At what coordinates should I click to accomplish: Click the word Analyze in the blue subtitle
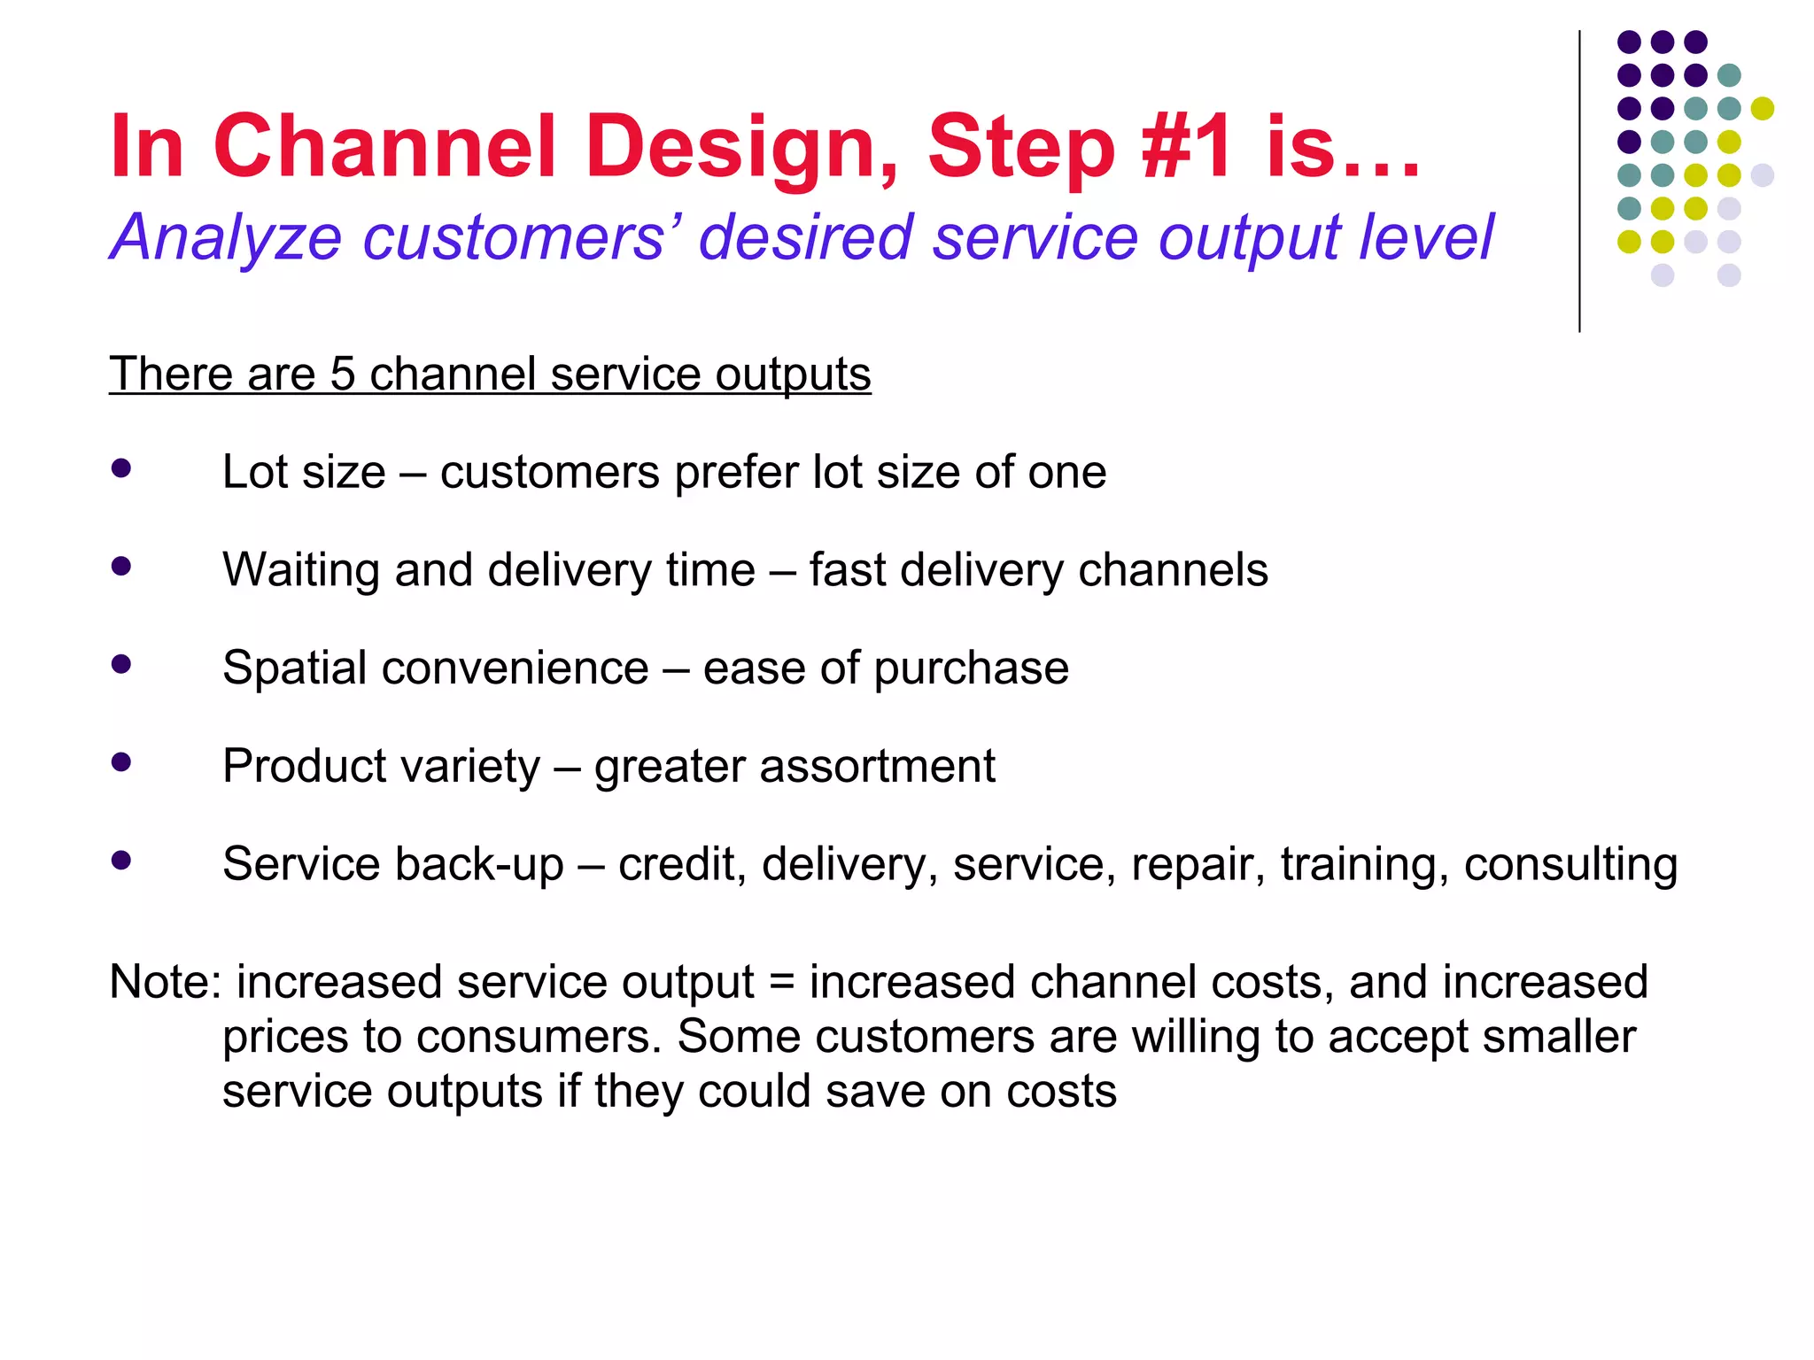pyautogui.click(x=225, y=237)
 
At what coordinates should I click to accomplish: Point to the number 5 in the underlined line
pyautogui.click(x=342, y=374)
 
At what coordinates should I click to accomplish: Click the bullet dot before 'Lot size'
pyautogui.click(x=121, y=468)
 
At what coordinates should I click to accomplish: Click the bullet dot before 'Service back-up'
pyautogui.click(x=121, y=860)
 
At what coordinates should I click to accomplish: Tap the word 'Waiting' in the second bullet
pyautogui.click(x=301, y=569)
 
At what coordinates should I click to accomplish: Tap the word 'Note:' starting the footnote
pyautogui.click(x=165, y=982)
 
